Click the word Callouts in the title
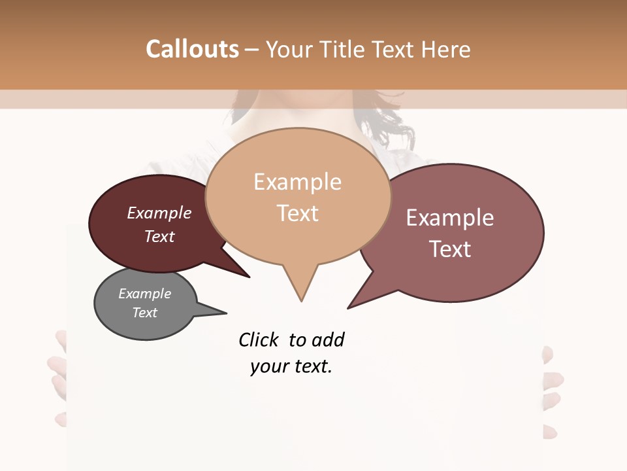(x=192, y=49)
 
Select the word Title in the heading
(x=346, y=49)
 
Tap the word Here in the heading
(x=445, y=49)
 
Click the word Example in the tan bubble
(x=297, y=182)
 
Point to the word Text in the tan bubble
(x=298, y=213)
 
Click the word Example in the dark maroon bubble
(x=159, y=213)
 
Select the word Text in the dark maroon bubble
(x=159, y=236)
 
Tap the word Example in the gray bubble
(x=144, y=294)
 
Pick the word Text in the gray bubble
(x=144, y=313)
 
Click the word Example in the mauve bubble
(x=450, y=218)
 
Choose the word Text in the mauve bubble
(x=450, y=249)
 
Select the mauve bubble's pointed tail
(x=351, y=306)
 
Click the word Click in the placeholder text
(x=259, y=340)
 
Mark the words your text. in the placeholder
(x=291, y=366)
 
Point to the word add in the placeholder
(x=329, y=340)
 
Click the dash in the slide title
(x=251, y=49)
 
